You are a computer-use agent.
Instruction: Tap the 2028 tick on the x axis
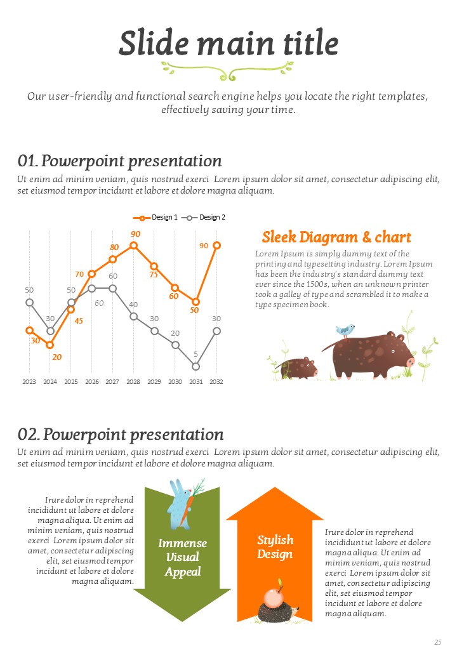[133, 381]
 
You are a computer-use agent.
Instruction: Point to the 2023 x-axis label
[29, 381]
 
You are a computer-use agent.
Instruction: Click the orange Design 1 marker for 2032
[216, 245]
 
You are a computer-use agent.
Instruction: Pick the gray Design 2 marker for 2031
[195, 366]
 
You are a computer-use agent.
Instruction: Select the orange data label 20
[57, 357]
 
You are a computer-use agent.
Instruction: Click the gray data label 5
[195, 354]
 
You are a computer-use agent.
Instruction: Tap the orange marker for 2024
[50, 345]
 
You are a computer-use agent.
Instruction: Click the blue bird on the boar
[345, 330]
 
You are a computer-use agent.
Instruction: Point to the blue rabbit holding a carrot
[180, 505]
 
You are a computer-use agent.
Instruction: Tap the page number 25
[437, 642]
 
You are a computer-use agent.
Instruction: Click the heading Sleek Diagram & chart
[336, 237]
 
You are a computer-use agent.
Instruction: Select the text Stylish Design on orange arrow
[275, 546]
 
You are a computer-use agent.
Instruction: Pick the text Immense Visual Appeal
[183, 557]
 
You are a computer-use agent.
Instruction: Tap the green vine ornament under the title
[227, 70]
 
